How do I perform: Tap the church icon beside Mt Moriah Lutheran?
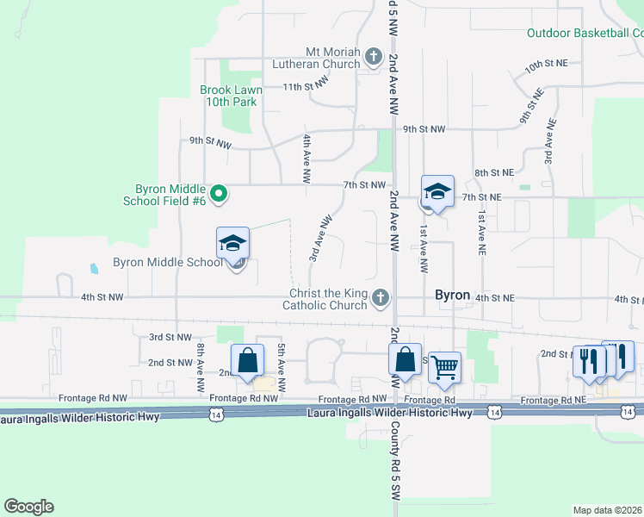coord(373,58)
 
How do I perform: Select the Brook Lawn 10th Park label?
coord(230,96)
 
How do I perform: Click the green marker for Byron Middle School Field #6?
coord(219,194)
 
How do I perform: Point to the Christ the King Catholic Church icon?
coord(381,298)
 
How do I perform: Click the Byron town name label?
coord(452,295)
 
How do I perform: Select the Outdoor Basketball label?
coord(585,34)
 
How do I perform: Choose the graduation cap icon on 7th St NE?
coord(437,192)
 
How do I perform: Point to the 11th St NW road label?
coord(307,87)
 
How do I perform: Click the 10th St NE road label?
coord(546,65)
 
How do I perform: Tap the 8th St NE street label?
coord(493,173)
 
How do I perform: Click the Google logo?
coord(28,507)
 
